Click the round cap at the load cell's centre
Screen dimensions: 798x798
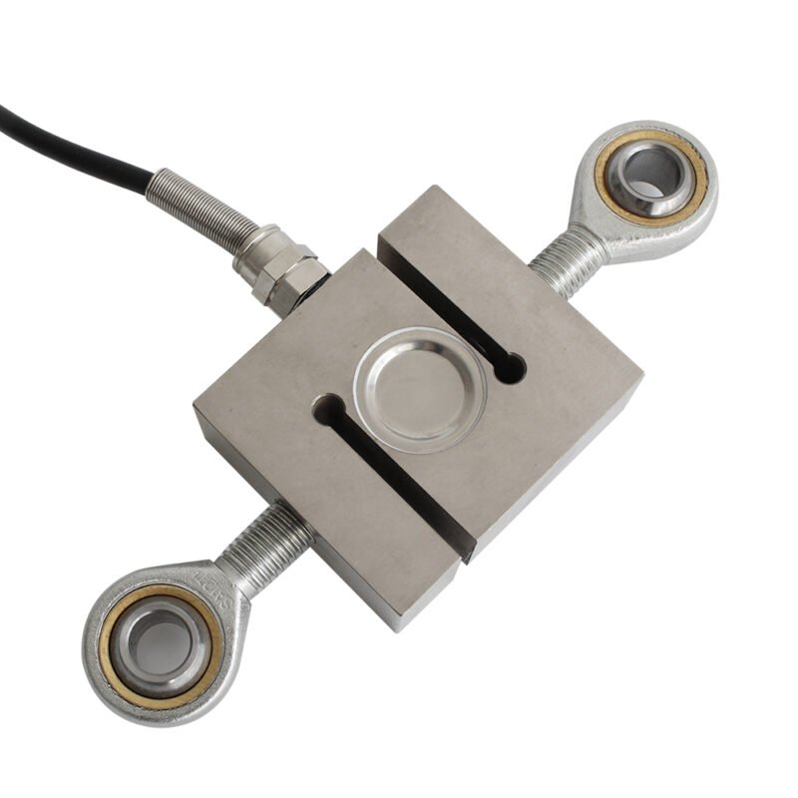[420, 383]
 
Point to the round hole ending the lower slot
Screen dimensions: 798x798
[327, 407]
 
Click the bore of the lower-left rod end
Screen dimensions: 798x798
[155, 638]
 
